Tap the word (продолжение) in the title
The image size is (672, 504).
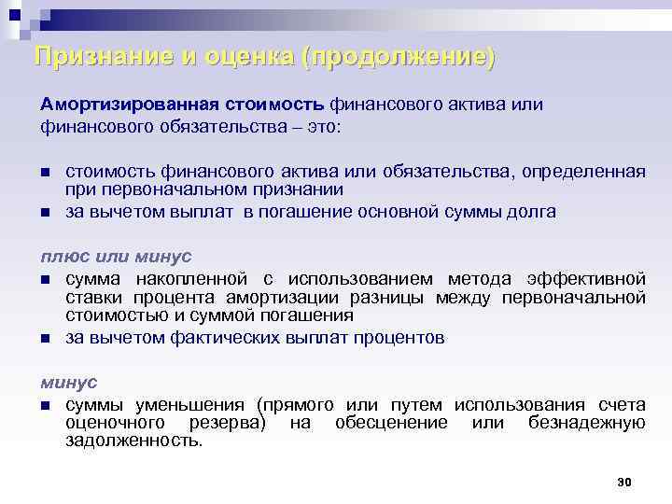pos(399,56)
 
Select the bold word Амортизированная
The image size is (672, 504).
pos(115,104)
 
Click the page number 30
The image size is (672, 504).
pos(625,482)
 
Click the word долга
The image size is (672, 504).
pos(533,211)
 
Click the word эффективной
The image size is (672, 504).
pos(587,279)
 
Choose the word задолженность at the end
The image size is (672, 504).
pos(133,440)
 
